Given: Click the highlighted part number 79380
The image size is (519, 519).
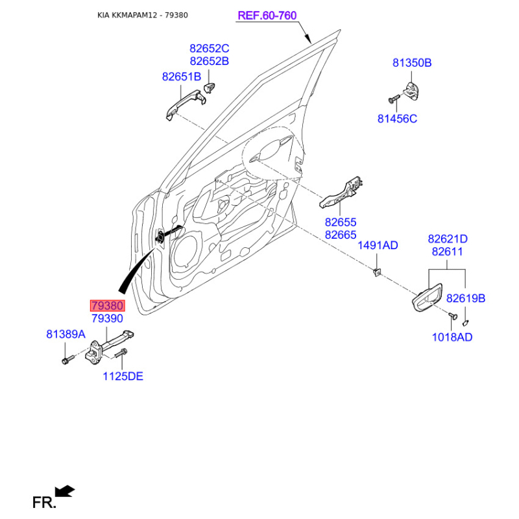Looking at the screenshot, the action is (108, 306).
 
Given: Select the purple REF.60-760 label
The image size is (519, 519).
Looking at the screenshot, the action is (267, 16).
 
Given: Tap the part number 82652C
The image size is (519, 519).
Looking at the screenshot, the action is (209, 49).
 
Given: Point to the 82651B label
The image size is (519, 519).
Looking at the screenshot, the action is (182, 77).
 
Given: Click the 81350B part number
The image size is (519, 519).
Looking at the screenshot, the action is (412, 63).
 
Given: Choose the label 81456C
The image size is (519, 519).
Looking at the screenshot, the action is (397, 119).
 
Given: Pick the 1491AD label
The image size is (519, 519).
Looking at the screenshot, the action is (378, 246).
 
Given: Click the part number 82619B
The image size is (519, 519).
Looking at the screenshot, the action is (466, 298).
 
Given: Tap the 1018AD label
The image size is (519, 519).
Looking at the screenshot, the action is (452, 337).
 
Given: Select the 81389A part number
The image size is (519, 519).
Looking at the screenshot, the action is (66, 334).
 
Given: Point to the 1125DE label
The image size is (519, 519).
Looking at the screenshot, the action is (123, 376).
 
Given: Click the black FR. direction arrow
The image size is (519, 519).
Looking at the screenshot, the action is (65, 491).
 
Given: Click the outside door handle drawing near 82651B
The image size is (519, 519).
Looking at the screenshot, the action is (185, 103).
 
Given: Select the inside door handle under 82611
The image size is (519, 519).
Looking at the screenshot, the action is (427, 297).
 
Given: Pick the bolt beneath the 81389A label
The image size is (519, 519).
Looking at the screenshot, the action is (67, 359).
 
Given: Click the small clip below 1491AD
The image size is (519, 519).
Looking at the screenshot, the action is (377, 272).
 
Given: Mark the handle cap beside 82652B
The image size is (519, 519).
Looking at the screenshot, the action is (210, 88).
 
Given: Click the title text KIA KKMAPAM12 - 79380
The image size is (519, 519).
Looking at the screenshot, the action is (143, 15).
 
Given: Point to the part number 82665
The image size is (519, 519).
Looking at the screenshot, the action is (341, 235).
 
